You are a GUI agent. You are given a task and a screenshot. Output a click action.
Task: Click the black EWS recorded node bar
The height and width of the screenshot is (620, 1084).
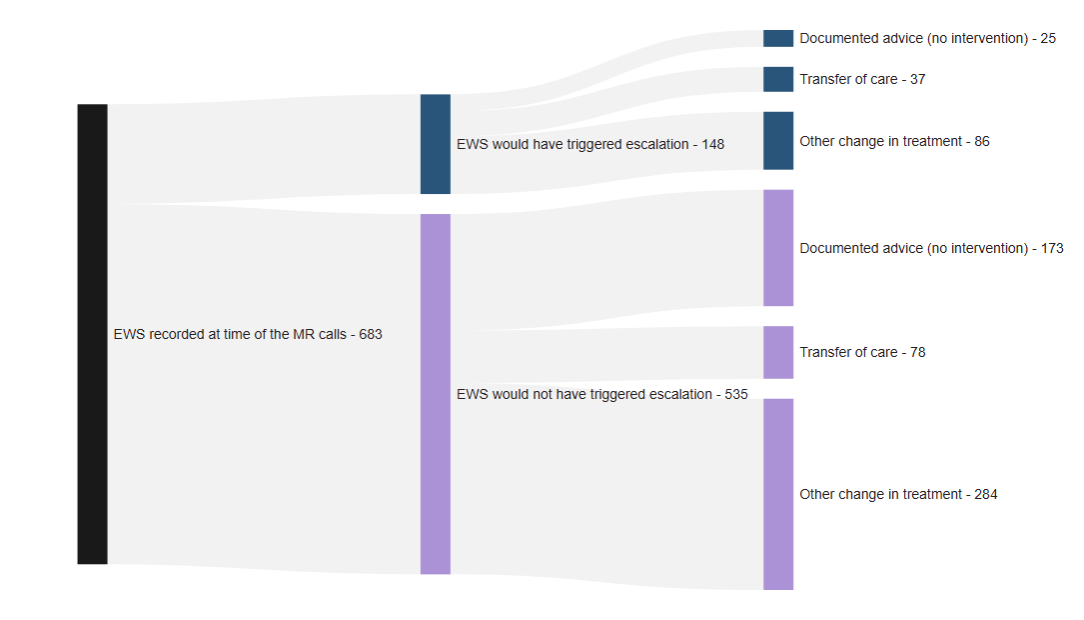coord(92,334)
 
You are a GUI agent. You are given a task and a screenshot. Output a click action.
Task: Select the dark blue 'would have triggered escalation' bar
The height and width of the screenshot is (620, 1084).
coord(435,144)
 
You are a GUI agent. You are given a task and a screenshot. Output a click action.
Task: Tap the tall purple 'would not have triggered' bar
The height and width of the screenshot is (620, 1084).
coord(435,394)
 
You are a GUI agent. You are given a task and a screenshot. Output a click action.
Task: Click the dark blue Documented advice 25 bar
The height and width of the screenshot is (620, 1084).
coord(777,38)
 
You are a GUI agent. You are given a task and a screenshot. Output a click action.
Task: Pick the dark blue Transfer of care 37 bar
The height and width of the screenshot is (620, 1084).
coord(777,79)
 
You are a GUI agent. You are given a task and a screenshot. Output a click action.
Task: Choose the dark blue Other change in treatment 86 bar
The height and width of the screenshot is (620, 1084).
coord(777,141)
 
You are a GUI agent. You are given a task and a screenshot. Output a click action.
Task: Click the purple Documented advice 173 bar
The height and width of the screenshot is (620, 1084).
coord(777,248)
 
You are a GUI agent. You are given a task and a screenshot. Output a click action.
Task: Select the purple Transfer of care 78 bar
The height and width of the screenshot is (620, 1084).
coord(777,352)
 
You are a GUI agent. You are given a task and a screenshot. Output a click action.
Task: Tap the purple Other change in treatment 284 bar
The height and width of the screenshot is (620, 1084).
coord(777,494)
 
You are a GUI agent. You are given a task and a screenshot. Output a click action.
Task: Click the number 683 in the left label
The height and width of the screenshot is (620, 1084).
coord(370,335)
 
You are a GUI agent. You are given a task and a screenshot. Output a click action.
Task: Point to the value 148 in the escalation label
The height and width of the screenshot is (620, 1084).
coord(712,144)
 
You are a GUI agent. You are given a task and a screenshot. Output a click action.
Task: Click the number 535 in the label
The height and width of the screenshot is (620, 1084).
coord(735,394)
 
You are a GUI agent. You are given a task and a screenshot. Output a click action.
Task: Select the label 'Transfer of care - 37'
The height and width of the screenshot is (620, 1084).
coord(862,79)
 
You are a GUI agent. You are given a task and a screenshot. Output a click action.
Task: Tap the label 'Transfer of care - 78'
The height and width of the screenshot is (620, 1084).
coord(862,352)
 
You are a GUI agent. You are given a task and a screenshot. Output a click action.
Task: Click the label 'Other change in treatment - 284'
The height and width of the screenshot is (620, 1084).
coord(898,494)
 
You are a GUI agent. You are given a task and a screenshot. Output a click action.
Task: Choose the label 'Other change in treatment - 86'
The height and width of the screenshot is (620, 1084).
coord(894,141)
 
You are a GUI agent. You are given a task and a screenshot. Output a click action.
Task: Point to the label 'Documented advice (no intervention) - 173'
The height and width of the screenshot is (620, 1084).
coord(931,248)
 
